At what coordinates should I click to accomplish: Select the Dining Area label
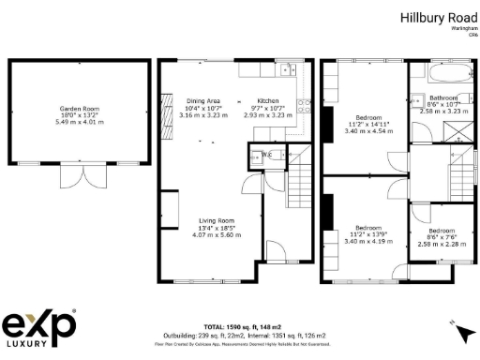(203, 100)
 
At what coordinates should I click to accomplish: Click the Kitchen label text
(268, 100)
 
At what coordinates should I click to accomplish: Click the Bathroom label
(442, 97)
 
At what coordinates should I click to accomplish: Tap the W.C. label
(266, 154)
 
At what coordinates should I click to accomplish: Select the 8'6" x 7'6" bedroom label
(442, 231)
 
